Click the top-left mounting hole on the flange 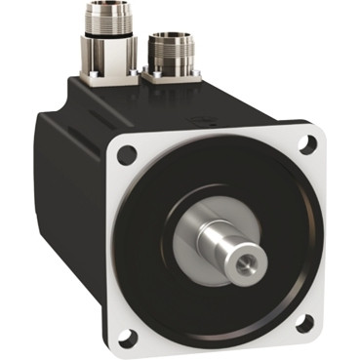click(125, 154)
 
